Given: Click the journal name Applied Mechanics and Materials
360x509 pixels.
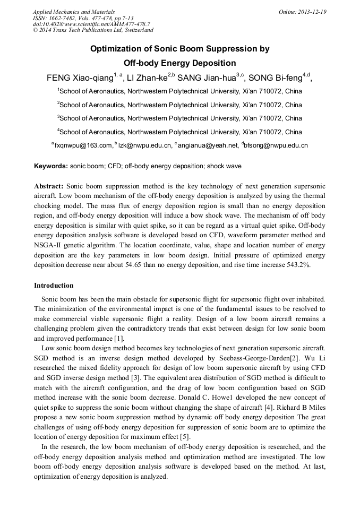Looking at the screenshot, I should (74, 12).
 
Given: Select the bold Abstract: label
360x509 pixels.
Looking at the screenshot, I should (49, 186).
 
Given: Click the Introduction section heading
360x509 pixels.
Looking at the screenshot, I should (54, 286).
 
